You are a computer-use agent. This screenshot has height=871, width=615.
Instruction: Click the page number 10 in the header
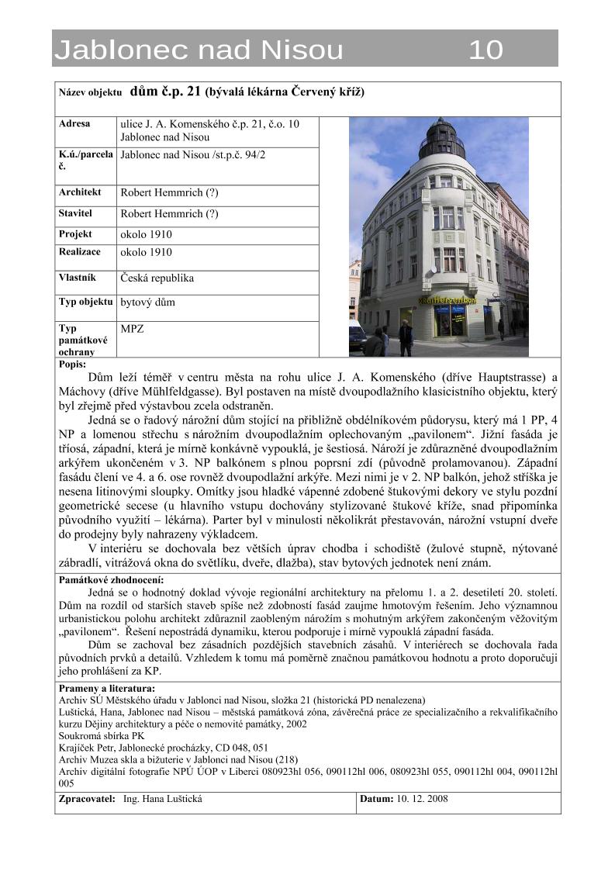click(x=485, y=50)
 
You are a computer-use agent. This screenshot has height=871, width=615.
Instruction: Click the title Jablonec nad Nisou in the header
click(x=199, y=50)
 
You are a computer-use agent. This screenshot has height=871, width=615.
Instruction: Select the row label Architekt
click(x=80, y=192)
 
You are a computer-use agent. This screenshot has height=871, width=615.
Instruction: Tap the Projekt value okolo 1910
click(x=146, y=234)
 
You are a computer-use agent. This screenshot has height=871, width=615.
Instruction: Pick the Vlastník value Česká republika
click(x=157, y=278)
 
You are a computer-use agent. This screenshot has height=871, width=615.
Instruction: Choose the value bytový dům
click(x=147, y=302)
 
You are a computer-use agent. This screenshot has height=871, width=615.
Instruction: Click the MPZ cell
click(x=132, y=329)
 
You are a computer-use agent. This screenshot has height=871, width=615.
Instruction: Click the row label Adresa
click(x=74, y=124)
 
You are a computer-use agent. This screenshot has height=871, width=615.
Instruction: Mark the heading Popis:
click(x=72, y=364)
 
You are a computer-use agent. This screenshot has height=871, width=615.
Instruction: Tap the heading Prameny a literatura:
click(x=106, y=688)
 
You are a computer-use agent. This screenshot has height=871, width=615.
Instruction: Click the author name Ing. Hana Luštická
click(x=168, y=799)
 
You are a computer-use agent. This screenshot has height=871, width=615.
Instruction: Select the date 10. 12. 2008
click(x=422, y=799)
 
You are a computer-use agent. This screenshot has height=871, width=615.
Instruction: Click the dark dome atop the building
click(x=441, y=140)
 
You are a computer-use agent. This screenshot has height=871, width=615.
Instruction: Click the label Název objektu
click(x=90, y=92)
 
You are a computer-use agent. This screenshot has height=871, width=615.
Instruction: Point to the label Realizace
click(x=79, y=252)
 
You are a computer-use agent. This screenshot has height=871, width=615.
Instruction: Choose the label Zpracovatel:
click(x=87, y=799)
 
